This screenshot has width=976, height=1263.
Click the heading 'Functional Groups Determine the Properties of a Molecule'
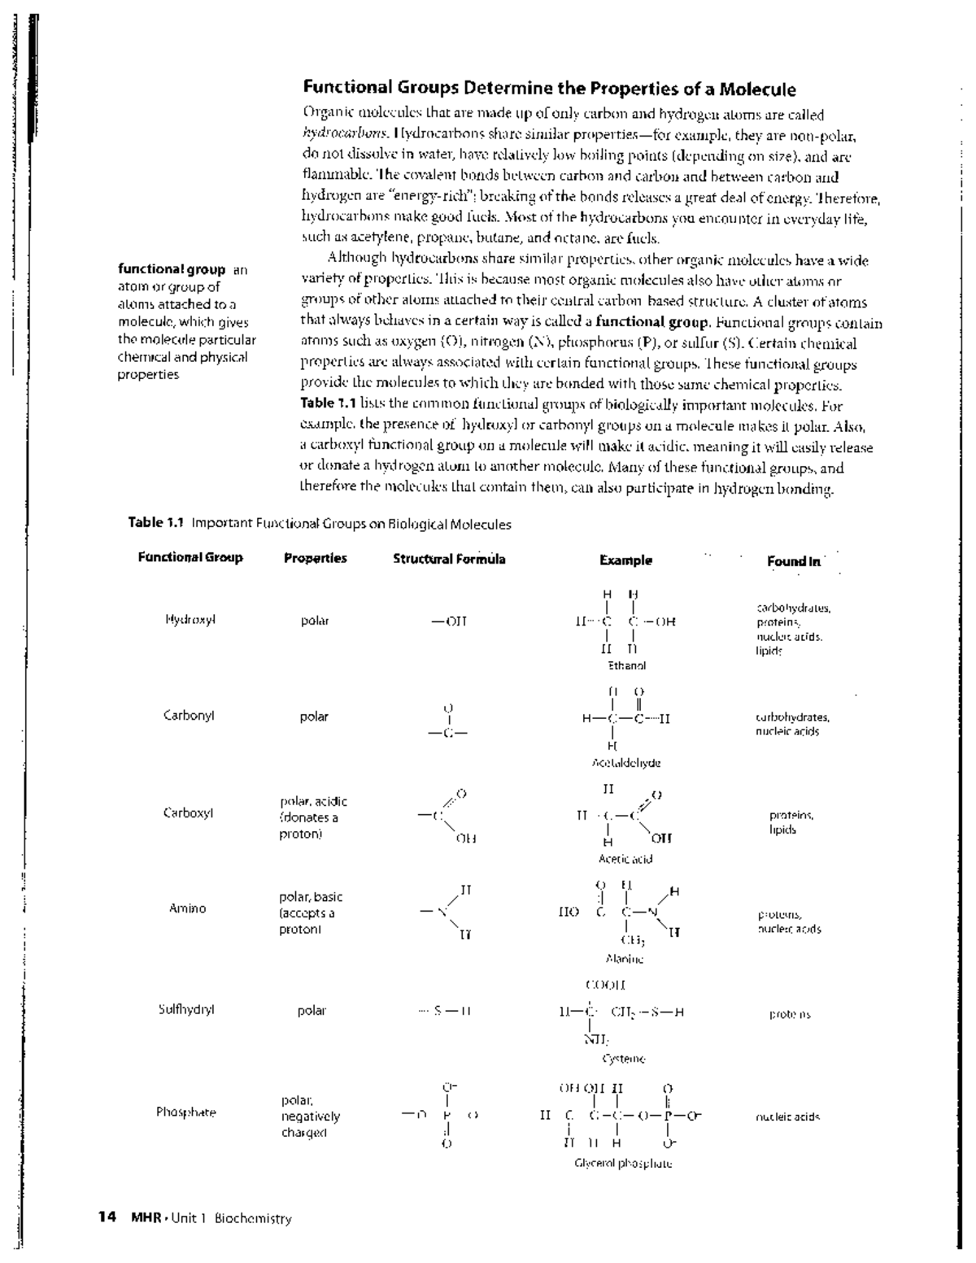[x=549, y=89]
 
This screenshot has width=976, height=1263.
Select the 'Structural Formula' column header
[x=449, y=559]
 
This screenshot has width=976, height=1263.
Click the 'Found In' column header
[x=794, y=561]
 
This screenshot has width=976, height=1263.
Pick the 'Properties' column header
[x=316, y=558]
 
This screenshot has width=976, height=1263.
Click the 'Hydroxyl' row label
[x=190, y=620]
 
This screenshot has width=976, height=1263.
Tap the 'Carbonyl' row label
[x=189, y=716]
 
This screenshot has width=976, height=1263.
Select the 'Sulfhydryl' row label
[x=186, y=1010]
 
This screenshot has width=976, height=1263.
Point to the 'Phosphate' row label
[x=186, y=1112]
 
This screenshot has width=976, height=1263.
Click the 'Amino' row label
[x=187, y=908]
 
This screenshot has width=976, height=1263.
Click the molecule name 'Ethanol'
[x=627, y=665]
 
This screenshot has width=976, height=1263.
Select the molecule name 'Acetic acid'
[x=625, y=859]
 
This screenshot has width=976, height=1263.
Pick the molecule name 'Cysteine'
[x=624, y=1059]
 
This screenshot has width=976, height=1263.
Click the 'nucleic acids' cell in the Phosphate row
[x=787, y=1117]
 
